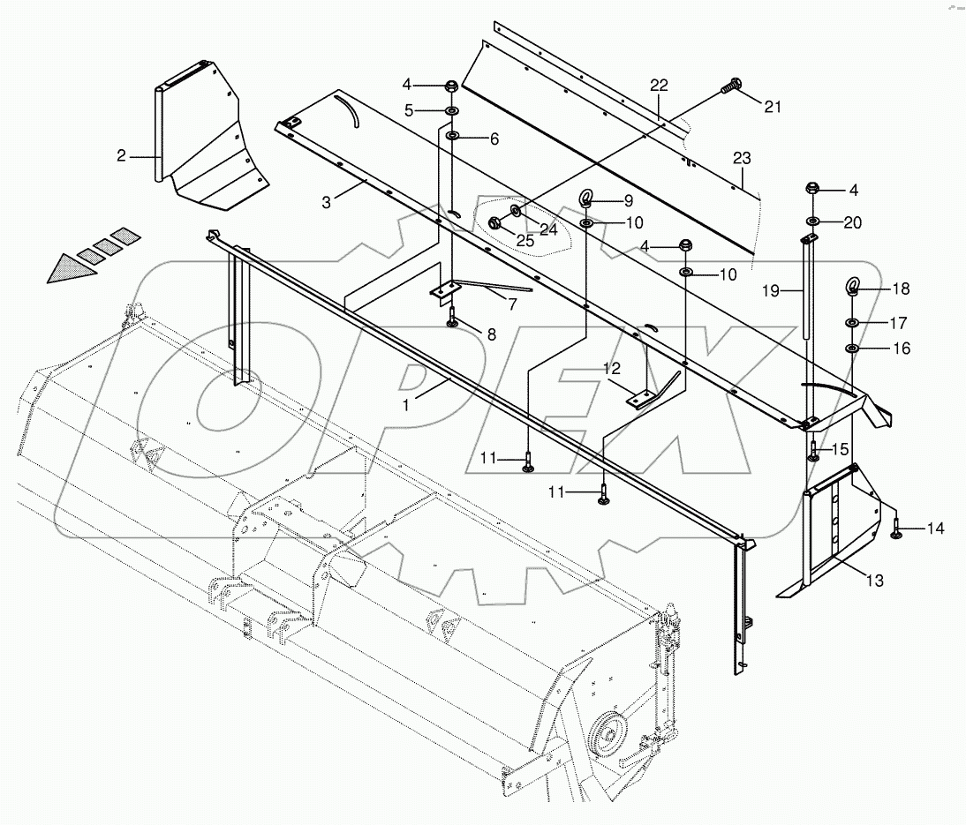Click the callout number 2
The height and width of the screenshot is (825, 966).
point(121,156)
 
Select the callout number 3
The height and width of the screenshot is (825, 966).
point(326,203)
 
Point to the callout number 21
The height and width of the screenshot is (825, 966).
point(773,107)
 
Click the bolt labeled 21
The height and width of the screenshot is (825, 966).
point(728,88)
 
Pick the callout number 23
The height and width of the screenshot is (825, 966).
point(742,158)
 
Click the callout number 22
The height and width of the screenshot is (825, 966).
point(659,86)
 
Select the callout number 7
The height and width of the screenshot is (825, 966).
point(510,304)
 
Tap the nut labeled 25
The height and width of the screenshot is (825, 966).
point(496,224)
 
